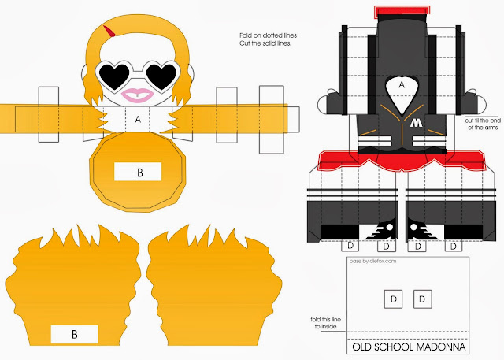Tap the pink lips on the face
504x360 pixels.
139,95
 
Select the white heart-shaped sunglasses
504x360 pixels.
139,75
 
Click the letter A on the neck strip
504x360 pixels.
139,120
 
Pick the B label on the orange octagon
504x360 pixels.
138,170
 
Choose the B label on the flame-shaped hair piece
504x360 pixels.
74,333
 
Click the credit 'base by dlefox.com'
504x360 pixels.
369,261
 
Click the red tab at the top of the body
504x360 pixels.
402,11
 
